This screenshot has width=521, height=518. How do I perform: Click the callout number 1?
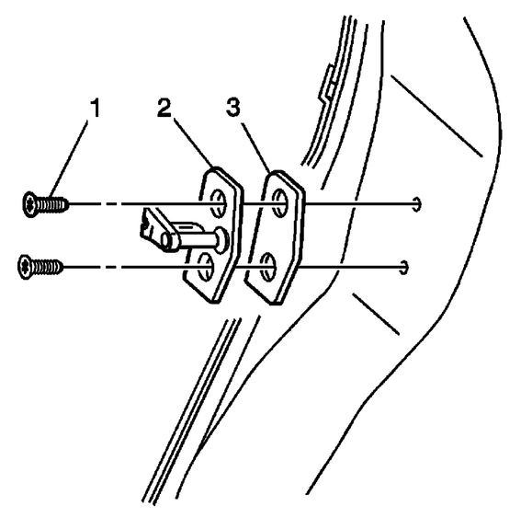[96, 109]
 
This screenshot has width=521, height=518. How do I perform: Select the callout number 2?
[164, 109]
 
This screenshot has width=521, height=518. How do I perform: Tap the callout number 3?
[232, 107]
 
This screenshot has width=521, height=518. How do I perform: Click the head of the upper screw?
[29, 204]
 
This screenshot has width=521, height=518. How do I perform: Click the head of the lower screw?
[24, 267]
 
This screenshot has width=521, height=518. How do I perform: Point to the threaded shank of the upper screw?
[52, 204]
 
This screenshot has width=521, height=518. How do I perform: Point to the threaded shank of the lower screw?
[47, 267]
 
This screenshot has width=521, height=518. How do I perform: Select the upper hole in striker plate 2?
[218, 203]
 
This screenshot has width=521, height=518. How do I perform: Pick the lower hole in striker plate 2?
[205, 267]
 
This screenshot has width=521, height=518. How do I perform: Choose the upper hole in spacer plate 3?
[279, 203]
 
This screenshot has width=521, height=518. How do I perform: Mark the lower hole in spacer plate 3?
[268, 267]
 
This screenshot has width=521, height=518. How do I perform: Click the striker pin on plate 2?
[197, 239]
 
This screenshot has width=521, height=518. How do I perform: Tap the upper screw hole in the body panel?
[418, 203]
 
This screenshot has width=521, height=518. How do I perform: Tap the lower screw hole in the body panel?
[403, 267]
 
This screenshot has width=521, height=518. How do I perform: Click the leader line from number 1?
[68, 159]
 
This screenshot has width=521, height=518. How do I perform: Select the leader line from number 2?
[194, 144]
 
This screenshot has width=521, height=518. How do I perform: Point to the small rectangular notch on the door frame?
[326, 84]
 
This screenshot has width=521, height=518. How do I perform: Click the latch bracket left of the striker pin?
[153, 227]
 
